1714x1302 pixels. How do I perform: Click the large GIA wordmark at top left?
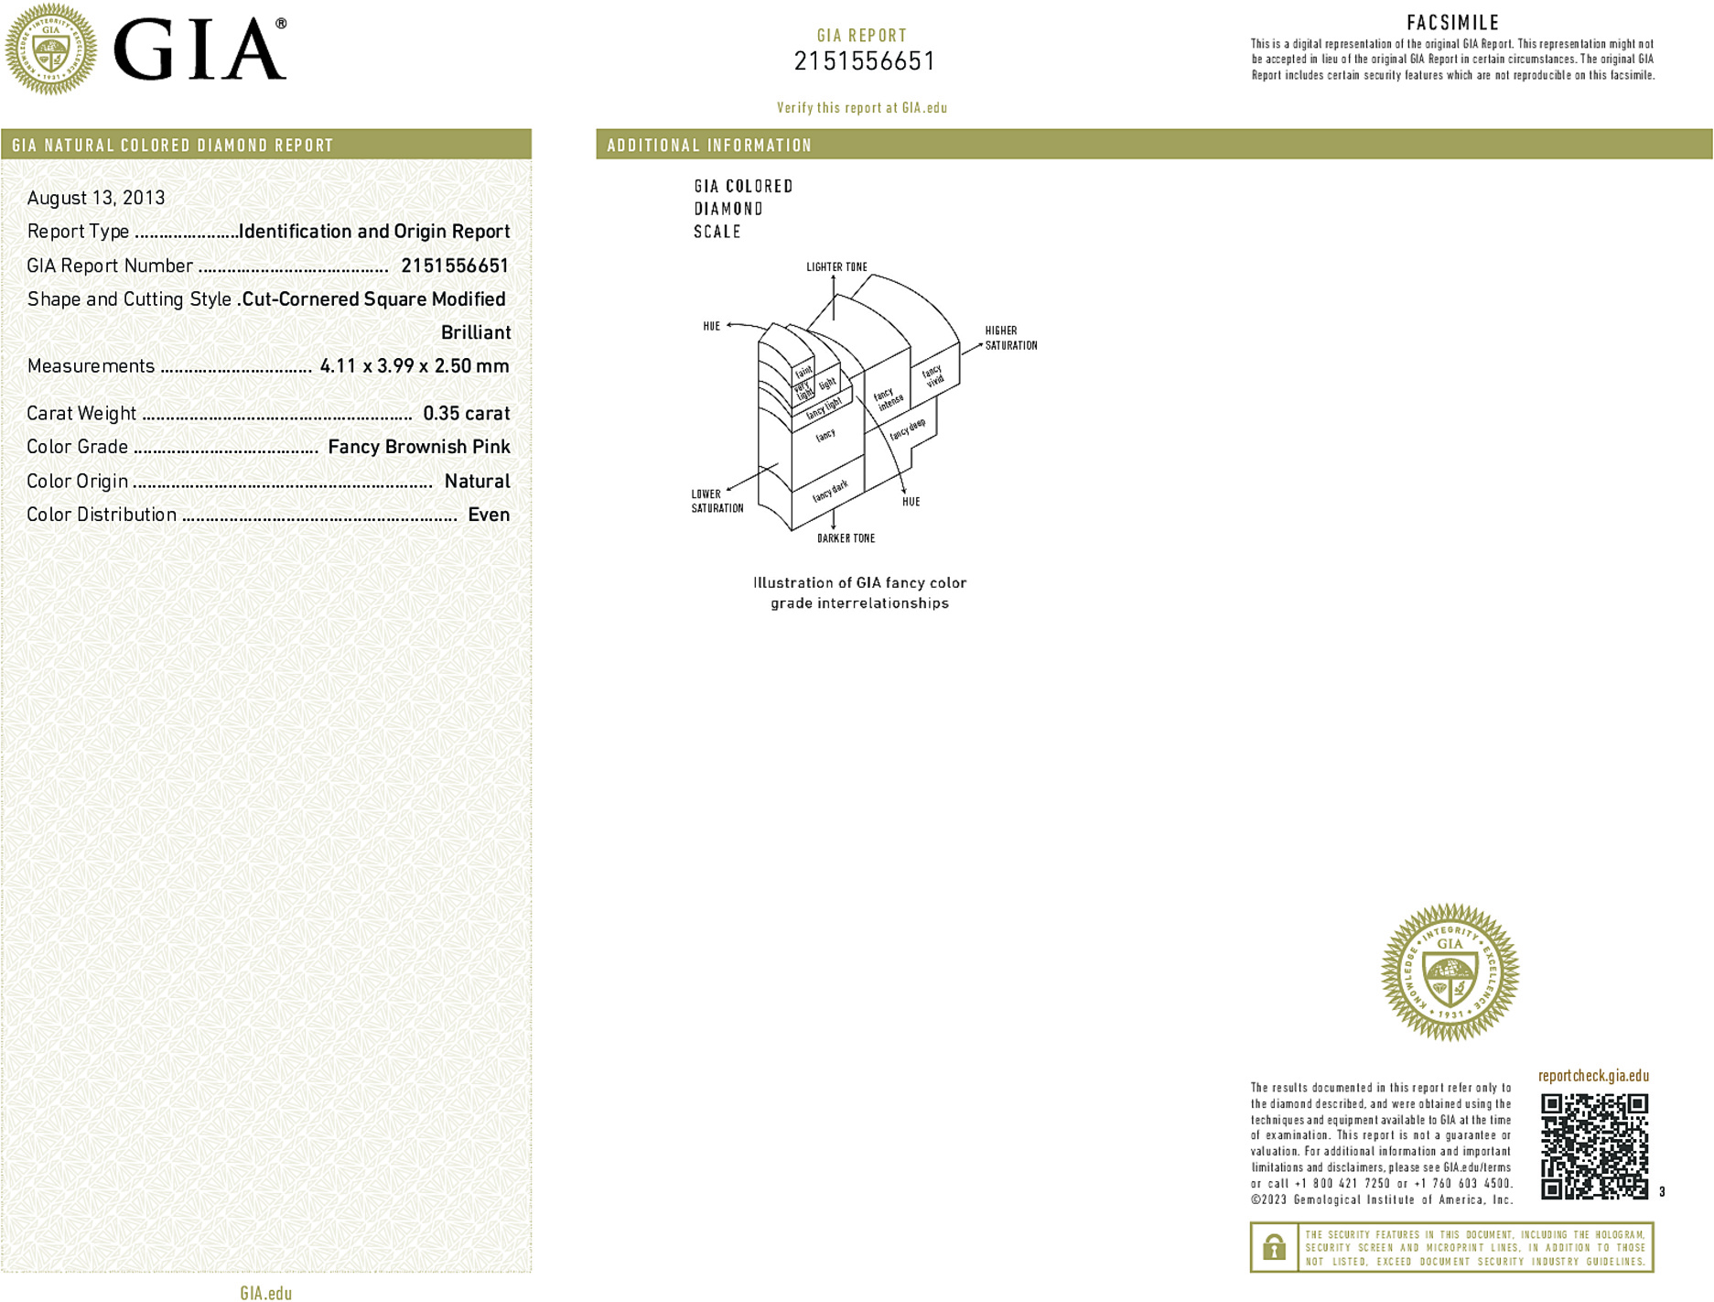click(199, 49)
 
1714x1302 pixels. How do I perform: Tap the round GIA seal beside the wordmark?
click(50, 49)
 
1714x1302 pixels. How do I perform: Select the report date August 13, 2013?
click(96, 198)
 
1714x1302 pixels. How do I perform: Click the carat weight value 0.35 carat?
click(466, 413)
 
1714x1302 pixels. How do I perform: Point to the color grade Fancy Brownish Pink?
click(418, 447)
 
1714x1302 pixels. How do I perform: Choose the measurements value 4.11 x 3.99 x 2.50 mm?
click(414, 366)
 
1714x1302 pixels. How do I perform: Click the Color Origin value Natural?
click(477, 481)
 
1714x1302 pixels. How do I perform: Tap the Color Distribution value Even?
click(489, 515)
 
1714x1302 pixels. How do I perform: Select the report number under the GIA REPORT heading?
click(864, 61)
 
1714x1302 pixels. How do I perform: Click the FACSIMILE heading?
click(1452, 23)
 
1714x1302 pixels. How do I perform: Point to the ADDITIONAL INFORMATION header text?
click(709, 146)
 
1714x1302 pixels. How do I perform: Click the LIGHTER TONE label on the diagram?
click(836, 267)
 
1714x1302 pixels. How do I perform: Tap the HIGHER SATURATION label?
click(1010, 338)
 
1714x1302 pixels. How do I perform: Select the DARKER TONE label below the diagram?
click(846, 538)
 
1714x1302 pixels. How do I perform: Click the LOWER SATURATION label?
click(717, 501)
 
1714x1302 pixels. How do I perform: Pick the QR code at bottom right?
click(1594, 1145)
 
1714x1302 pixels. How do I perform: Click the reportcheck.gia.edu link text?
click(1593, 1076)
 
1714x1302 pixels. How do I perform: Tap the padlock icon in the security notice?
click(1274, 1247)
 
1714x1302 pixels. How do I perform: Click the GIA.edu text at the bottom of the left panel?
click(265, 1293)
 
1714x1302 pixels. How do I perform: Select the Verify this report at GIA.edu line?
click(862, 108)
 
